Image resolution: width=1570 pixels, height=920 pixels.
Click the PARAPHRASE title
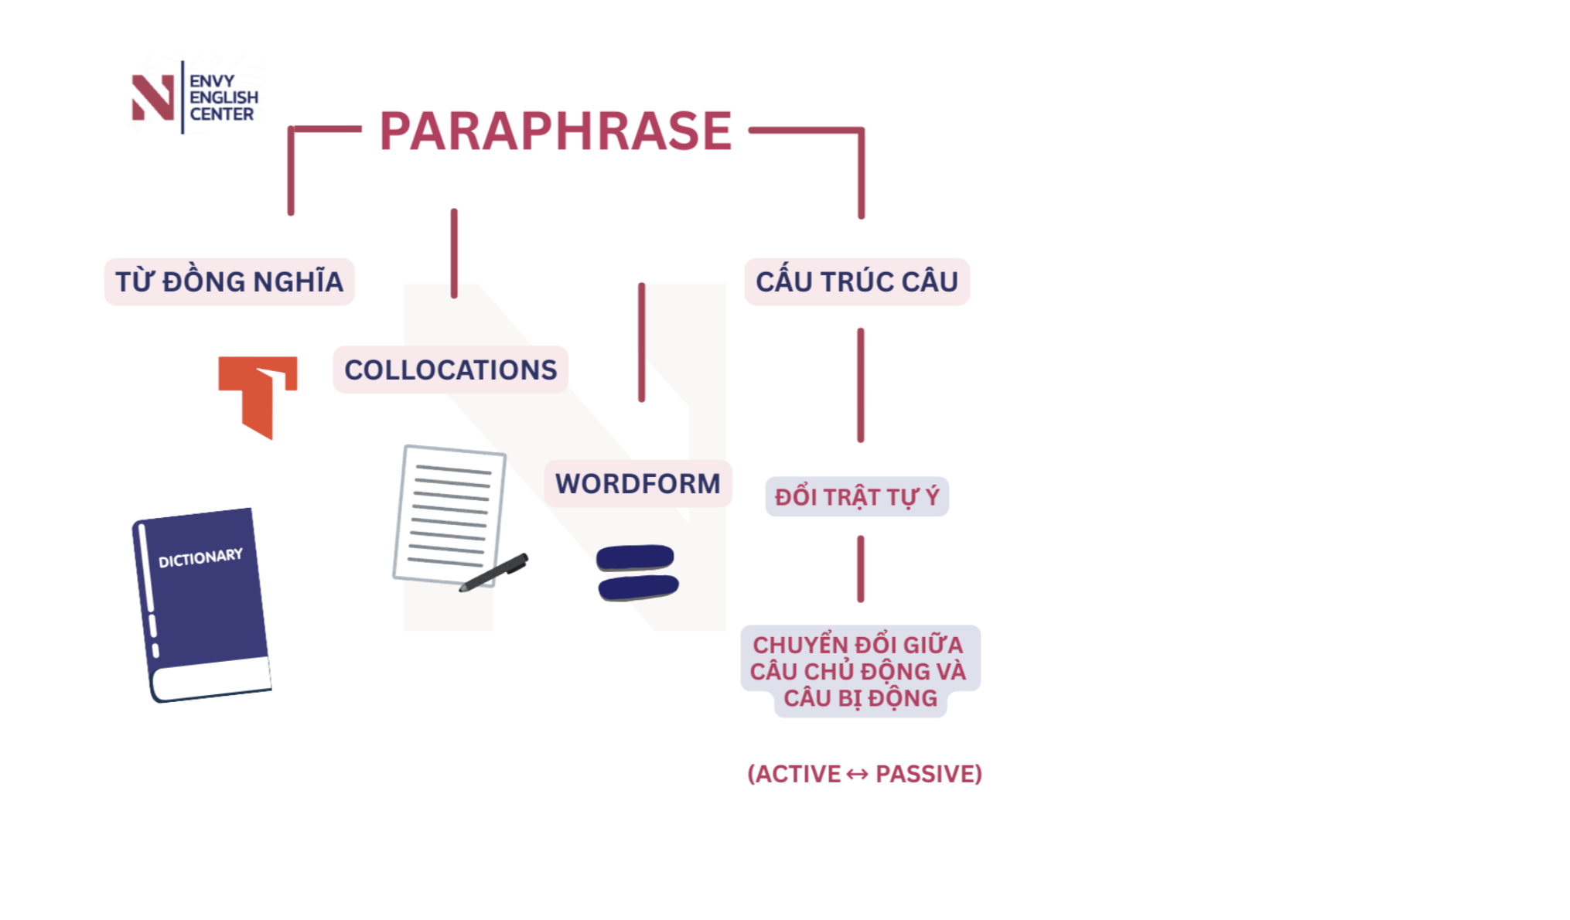[555, 131]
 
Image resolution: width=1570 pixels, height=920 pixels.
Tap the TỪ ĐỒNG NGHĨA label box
[229, 282]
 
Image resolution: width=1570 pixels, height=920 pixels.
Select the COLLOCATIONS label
[450, 370]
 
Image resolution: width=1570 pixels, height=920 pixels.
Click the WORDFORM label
[637, 484]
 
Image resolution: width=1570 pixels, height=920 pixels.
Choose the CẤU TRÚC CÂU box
[856, 282]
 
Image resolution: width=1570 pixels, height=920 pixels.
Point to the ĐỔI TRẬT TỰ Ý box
[857, 496]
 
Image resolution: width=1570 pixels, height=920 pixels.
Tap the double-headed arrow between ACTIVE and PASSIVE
[857, 774]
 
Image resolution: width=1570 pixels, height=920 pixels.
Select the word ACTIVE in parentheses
[797, 774]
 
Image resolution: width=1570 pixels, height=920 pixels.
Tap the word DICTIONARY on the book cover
[200, 557]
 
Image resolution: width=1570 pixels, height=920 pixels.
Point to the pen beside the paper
[495, 573]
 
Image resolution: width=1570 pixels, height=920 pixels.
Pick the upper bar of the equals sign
[635, 557]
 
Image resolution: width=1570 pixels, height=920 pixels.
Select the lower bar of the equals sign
[638, 587]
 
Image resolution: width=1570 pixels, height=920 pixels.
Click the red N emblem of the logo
[152, 97]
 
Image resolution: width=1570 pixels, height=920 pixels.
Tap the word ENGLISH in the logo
[224, 97]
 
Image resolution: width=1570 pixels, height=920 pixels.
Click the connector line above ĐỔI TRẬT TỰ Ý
[860, 385]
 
